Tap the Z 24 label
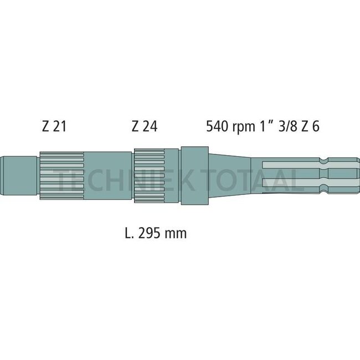[144, 127]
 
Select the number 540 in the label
[217, 127]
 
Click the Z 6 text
[311, 127]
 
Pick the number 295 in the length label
[150, 233]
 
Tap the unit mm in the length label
[176, 234]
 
